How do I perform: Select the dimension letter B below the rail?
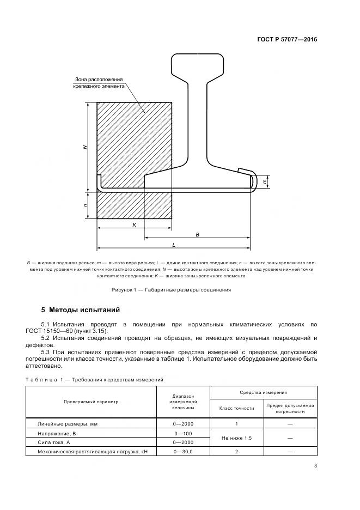point(197,234)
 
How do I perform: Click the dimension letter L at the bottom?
point(173,245)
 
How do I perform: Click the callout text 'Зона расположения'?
point(99,78)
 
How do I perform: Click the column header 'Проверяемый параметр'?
point(91,402)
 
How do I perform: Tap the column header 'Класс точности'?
point(236,408)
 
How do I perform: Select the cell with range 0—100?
point(183,433)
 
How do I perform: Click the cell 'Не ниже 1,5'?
point(236,438)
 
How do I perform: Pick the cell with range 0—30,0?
point(183,452)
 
